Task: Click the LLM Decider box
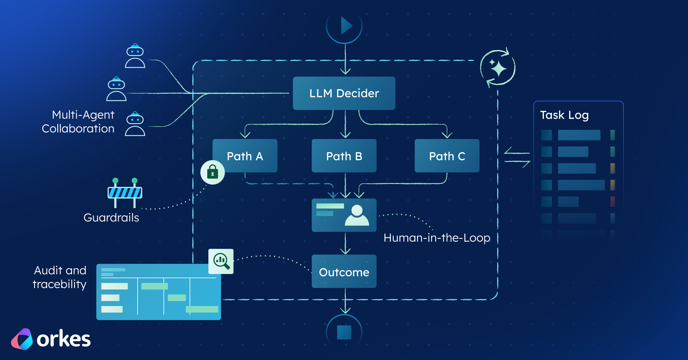[x=344, y=93]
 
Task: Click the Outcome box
[x=344, y=271]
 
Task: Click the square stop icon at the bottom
[x=344, y=332]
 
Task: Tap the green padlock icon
[x=212, y=172]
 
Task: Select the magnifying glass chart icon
[x=221, y=261]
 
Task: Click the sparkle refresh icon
[x=498, y=68]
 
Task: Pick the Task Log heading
[x=564, y=115]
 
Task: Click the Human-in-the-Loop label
[x=437, y=238]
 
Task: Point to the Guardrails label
[x=111, y=218]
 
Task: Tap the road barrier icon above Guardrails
[x=125, y=193]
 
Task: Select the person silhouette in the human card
[x=357, y=215]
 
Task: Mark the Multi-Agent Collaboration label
[x=78, y=122]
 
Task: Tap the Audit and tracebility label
[x=60, y=277]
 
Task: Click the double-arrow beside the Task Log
[x=517, y=157]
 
